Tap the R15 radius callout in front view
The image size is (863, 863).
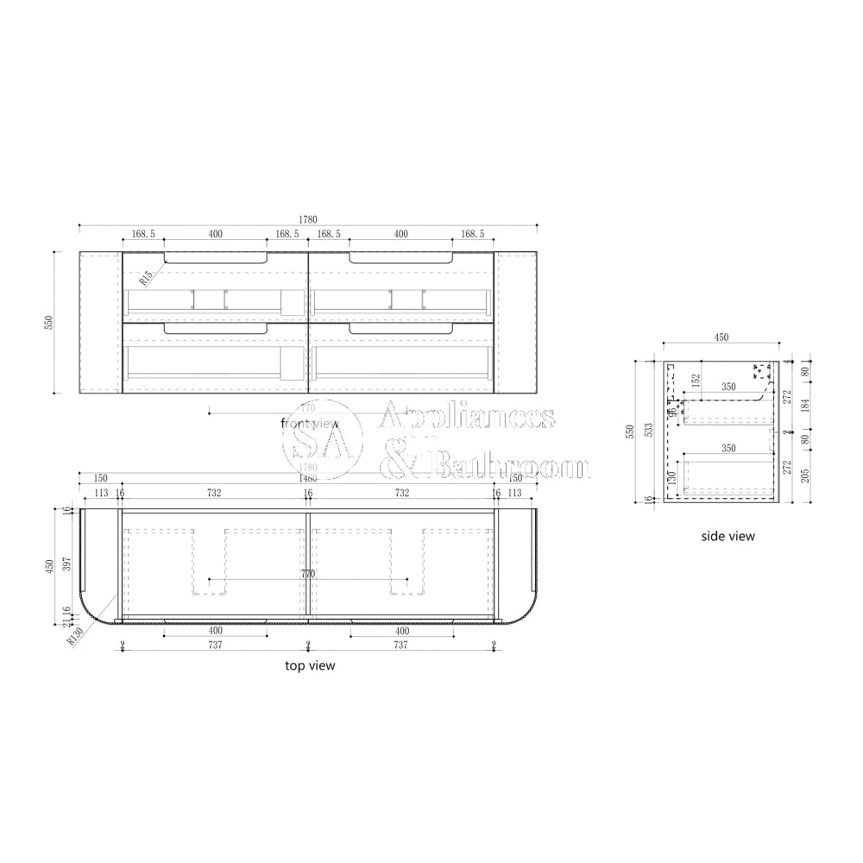145,276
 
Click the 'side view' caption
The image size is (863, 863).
728,536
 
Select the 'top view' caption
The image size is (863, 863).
310,665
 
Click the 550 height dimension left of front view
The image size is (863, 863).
50,322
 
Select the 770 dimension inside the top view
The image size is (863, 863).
308,574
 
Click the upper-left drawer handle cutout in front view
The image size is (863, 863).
215,257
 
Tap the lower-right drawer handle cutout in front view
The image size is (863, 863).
401,329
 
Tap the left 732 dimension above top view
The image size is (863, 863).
214,493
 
